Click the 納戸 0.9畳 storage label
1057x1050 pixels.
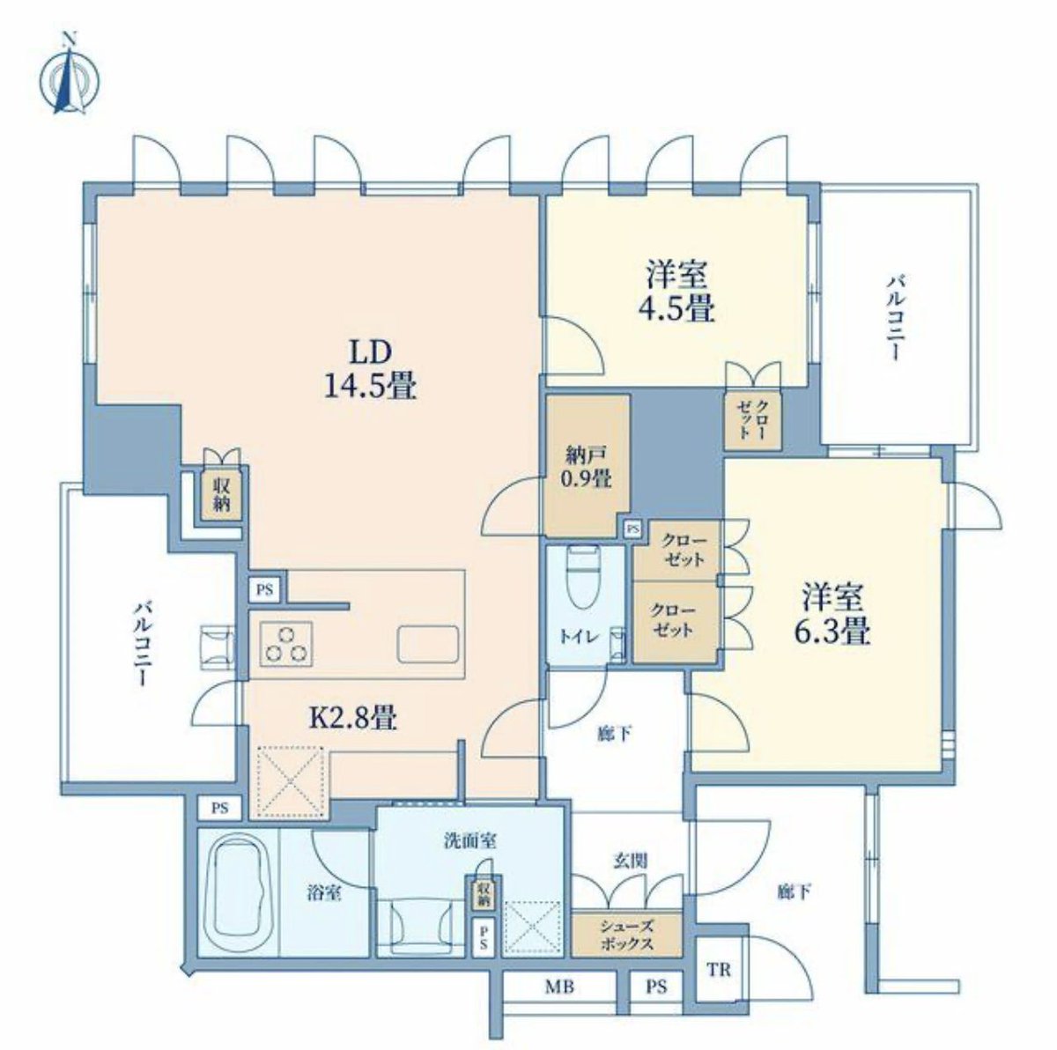pos(585,469)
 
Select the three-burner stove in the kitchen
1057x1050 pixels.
pos(285,644)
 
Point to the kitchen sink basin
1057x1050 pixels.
pos(430,644)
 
